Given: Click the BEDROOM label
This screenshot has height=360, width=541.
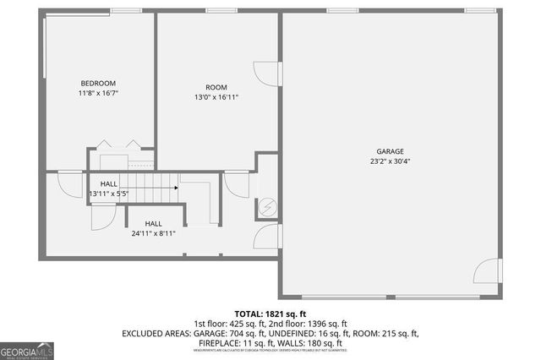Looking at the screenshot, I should click(98, 83).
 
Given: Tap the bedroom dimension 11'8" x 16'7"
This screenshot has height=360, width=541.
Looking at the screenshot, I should click(98, 93).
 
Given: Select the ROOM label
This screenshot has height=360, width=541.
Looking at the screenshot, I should click(216, 88).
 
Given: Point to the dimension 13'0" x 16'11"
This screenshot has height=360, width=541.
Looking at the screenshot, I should click(216, 98).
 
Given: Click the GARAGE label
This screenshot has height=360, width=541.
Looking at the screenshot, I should click(391, 151).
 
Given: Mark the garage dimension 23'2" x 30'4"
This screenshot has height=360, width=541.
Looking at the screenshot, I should click(391, 161).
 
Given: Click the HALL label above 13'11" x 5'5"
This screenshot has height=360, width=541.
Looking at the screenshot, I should click(109, 183).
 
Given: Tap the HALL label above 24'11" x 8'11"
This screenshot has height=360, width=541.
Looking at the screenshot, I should click(153, 224).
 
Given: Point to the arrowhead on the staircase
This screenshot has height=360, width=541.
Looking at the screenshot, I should click(176, 189).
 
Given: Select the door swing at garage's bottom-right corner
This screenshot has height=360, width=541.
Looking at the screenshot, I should click(487, 272).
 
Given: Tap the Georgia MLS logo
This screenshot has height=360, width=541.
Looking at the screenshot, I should click(27, 350).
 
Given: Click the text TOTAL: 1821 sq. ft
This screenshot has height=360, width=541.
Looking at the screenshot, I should click(270, 313).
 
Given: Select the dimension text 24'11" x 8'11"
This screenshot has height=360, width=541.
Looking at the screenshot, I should click(153, 234).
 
